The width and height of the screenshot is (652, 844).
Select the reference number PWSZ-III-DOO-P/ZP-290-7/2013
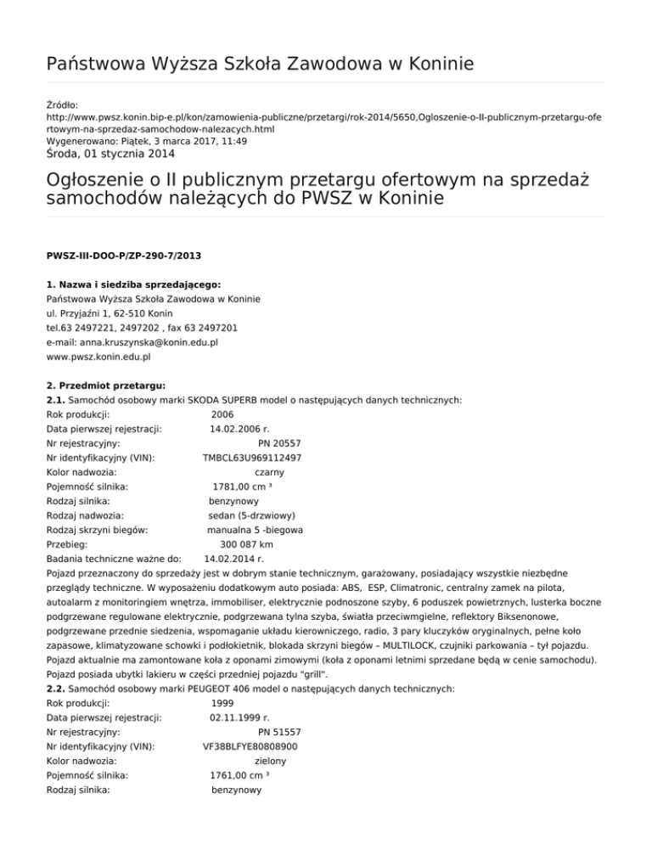pos(123,254)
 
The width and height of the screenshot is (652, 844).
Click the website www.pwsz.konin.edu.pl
pos(98,357)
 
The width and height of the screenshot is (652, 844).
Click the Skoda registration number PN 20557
pos(279,443)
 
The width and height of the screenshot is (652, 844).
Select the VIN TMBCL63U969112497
pos(251,458)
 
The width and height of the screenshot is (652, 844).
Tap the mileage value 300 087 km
pos(246,545)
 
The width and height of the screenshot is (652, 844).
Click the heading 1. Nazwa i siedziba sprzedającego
pos(134,284)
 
